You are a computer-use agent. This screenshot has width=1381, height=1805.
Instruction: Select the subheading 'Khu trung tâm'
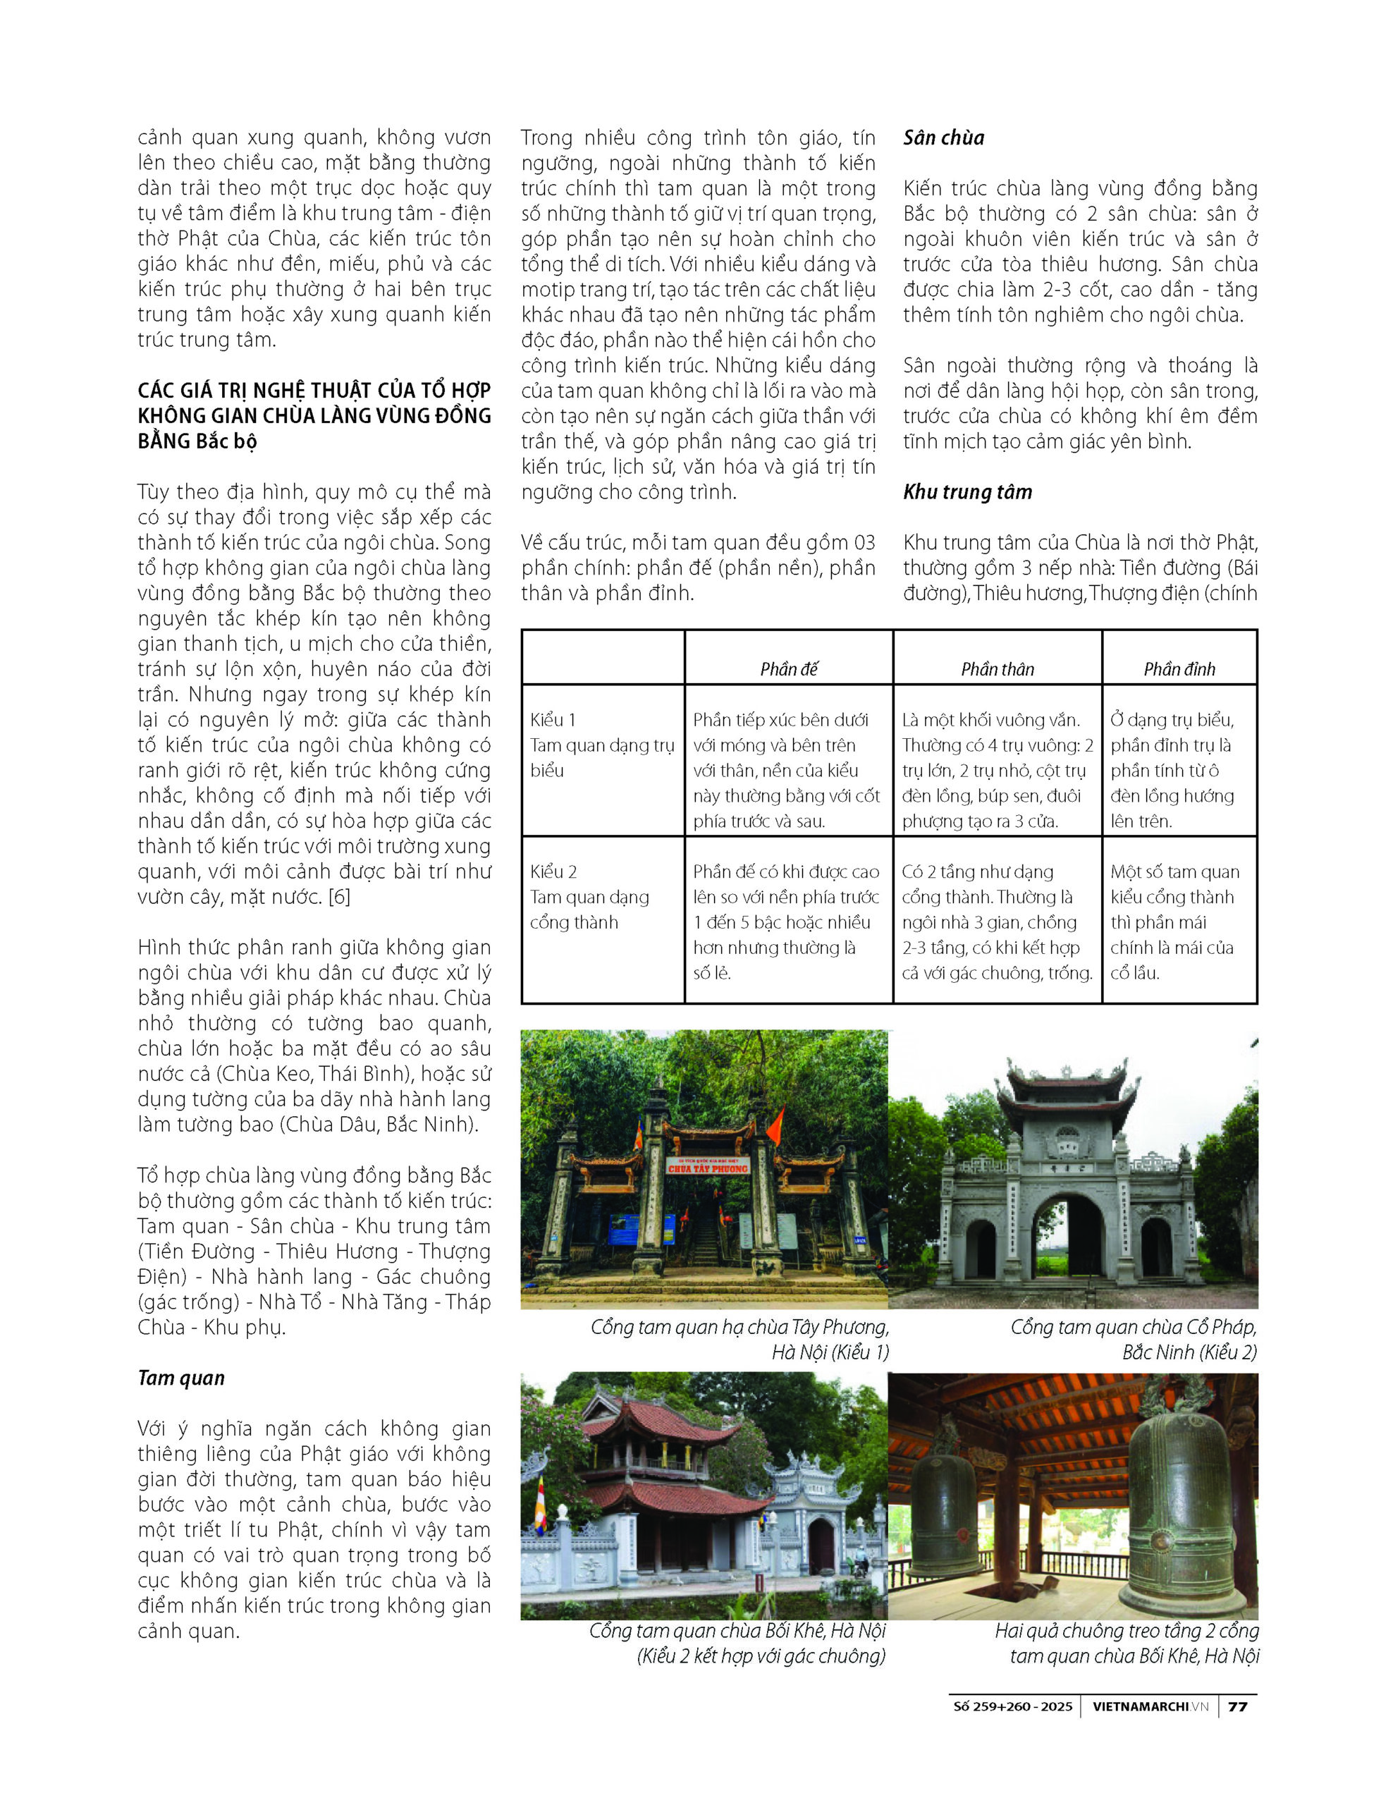(x=966, y=492)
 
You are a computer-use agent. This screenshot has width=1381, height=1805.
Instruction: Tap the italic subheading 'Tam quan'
(x=181, y=1378)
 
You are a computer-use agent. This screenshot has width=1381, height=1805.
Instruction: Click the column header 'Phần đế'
(x=788, y=669)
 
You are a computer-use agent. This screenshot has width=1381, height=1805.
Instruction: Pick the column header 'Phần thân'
(x=997, y=669)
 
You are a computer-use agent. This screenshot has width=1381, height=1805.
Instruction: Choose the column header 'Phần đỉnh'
(x=1179, y=669)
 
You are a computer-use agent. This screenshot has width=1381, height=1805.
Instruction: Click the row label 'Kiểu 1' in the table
(x=553, y=720)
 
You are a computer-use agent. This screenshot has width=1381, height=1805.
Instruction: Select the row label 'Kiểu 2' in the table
(x=553, y=871)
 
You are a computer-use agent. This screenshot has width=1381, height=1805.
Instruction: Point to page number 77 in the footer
(x=1237, y=1706)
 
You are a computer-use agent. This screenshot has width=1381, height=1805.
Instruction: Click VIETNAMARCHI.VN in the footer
(x=1150, y=1706)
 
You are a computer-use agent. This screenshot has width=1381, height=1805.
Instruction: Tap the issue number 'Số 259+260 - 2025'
(x=1013, y=1706)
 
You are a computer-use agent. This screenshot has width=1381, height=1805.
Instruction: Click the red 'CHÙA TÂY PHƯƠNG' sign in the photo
(x=707, y=1168)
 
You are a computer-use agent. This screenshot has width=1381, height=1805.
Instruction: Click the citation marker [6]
(x=338, y=897)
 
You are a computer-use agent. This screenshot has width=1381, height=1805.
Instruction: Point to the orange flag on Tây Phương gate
(x=774, y=1126)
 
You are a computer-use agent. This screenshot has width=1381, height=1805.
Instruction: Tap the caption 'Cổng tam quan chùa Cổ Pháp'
(x=1133, y=1328)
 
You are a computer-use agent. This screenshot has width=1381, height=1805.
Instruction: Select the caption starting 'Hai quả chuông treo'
(x=1127, y=1631)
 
